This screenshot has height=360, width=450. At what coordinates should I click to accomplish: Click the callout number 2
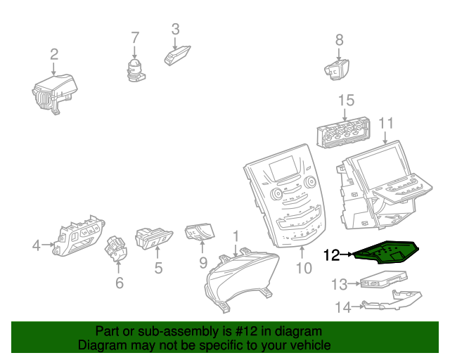(54, 54)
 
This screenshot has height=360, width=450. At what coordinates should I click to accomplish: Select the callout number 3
(176, 29)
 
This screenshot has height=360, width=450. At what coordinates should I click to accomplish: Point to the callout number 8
(339, 40)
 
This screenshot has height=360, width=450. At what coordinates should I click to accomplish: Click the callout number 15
(346, 101)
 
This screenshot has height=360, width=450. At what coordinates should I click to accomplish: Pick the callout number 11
(385, 124)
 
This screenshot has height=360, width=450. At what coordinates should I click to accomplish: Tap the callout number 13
(340, 284)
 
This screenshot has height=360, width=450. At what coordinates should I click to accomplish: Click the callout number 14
(342, 307)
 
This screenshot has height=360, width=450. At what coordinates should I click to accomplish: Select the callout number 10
(303, 268)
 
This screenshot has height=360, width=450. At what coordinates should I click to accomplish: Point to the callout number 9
(202, 263)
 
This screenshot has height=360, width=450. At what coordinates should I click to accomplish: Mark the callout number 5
(158, 268)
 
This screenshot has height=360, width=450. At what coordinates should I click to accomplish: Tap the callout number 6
(119, 283)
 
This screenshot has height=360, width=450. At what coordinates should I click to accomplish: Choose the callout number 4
(37, 245)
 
